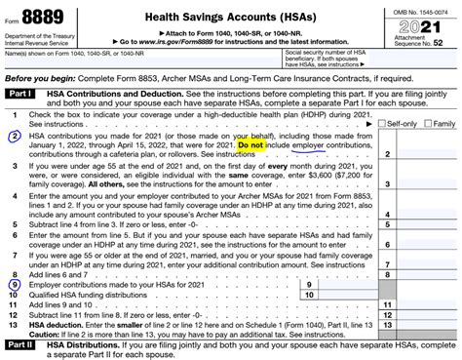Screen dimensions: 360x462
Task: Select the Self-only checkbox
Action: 360,125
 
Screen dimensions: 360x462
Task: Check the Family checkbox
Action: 404,125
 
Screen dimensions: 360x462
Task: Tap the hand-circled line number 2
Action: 15,136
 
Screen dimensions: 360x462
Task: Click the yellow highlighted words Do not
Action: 250,143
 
